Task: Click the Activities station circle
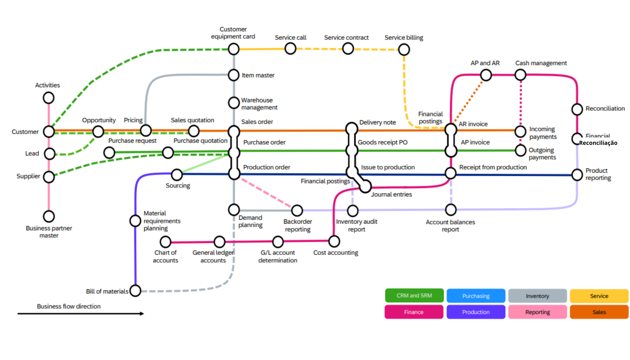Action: [49, 98]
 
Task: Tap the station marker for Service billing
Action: [404, 50]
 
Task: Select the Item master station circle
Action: [234, 75]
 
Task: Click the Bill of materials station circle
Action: [135, 291]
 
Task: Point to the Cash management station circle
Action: [520, 75]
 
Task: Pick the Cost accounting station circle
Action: [334, 241]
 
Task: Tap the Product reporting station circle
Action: [577, 175]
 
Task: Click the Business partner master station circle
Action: [49, 216]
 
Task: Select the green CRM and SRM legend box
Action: [414, 296]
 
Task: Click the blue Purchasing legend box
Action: [476, 296]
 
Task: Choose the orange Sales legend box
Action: [599, 312]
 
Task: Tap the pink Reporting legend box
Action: [538, 312]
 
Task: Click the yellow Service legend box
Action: [599, 296]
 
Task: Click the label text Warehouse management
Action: [259, 104]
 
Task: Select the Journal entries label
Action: [391, 194]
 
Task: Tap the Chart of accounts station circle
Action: [166, 242]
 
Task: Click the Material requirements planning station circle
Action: [135, 221]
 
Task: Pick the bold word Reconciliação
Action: [598, 143]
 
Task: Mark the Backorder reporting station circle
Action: [297, 211]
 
